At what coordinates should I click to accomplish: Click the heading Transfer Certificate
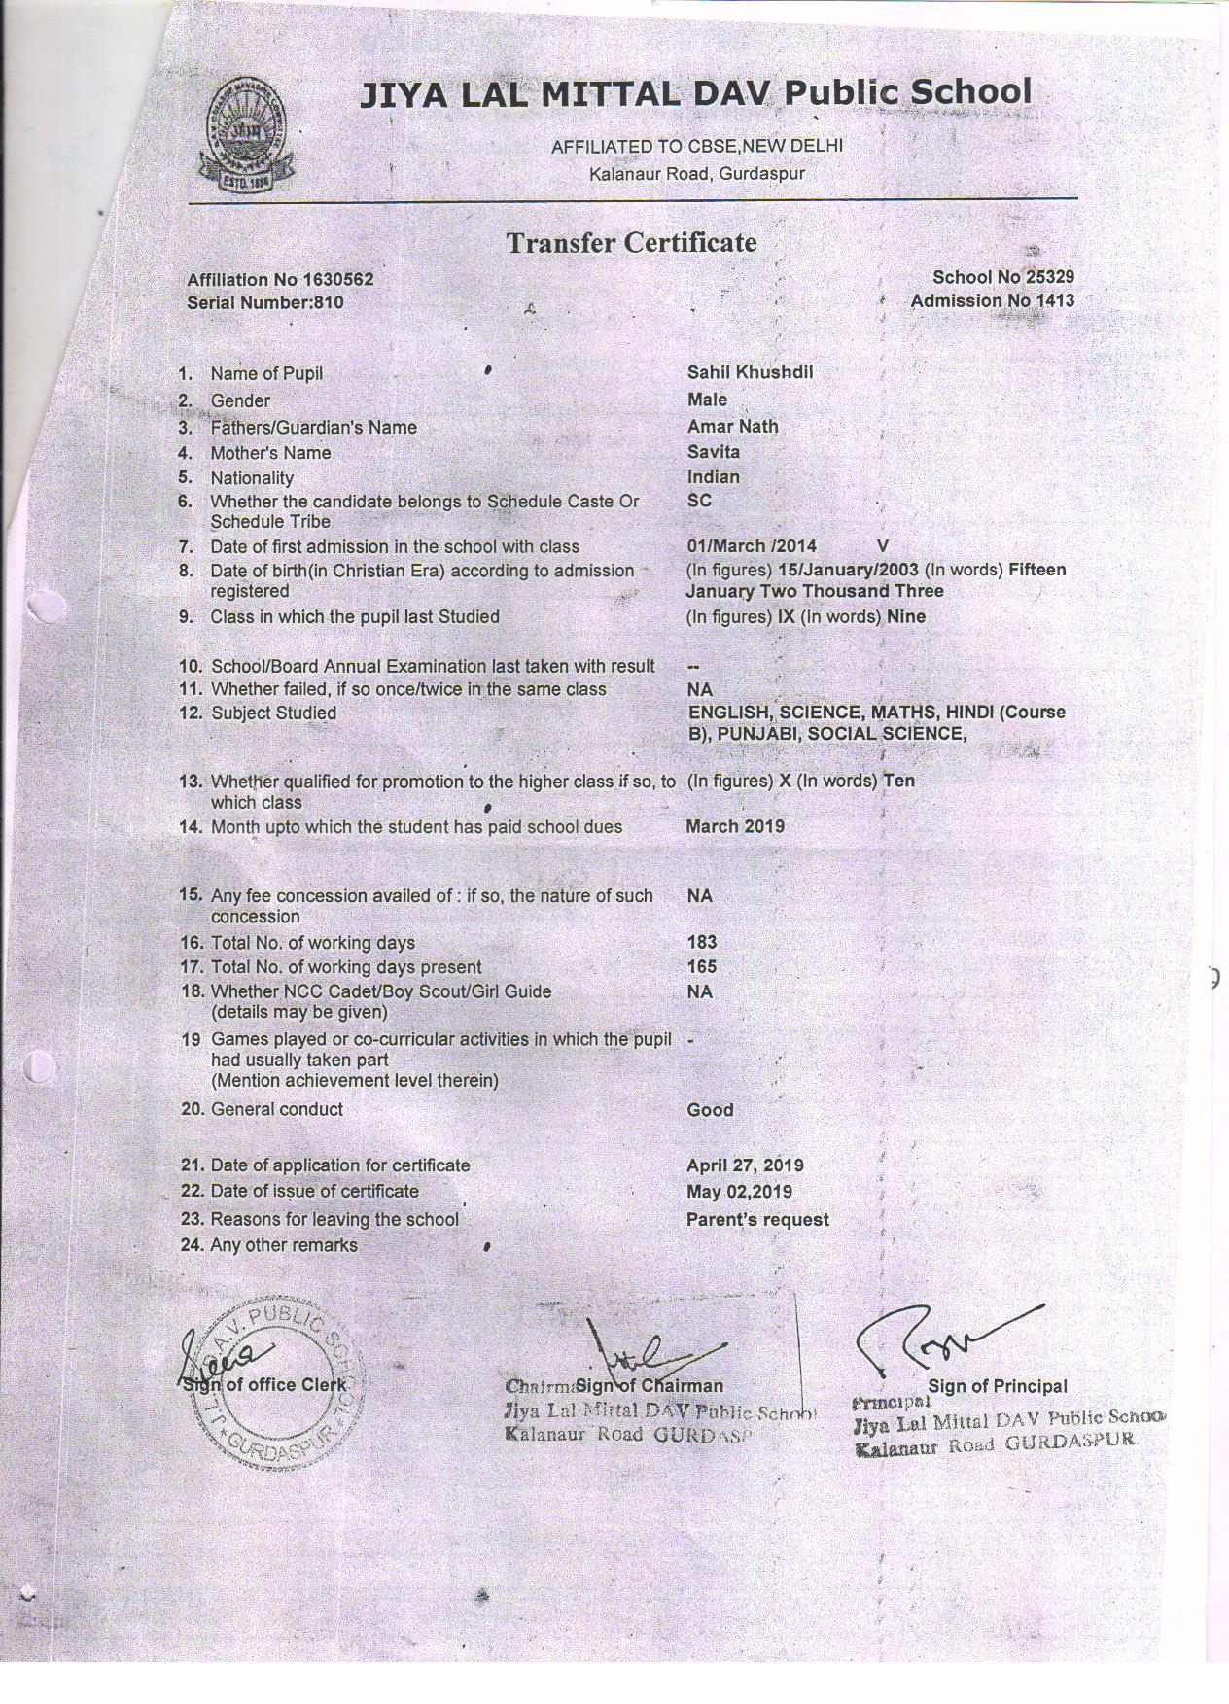point(630,242)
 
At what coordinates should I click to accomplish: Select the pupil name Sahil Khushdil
point(750,372)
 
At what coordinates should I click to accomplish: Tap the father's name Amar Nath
point(732,426)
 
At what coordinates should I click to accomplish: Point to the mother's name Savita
point(713,452)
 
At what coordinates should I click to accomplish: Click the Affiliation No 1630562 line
point(280,280)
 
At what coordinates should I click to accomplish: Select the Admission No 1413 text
point(992,300)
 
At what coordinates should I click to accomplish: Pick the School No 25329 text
point(1002,278)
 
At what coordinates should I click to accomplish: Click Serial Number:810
point(264,302)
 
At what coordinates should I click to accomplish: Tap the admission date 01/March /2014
point(751,546)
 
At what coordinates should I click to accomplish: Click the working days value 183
point(701,942)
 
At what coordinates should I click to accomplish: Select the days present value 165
point(701,967)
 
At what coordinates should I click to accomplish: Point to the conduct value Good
point(710,1110)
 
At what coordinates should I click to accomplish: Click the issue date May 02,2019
point(739,1192)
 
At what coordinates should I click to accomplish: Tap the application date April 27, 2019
point(745,1165)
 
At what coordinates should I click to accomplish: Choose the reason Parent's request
point(757,1220)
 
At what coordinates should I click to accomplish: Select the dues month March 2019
point(734,827)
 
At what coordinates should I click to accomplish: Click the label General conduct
point(276,1109)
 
